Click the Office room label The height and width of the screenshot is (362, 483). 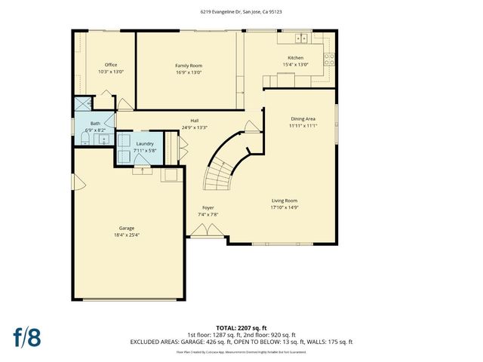pyautogui.click(x=111, y=65)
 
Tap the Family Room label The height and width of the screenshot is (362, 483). pyautogui.click(x=189, y=66)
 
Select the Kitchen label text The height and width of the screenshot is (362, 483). pyautogui.click(x=295, y=58)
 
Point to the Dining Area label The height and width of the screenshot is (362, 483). pyautogui.click(x=303, y=118)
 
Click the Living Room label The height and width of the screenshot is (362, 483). pyautogui.click(x=285, y=201)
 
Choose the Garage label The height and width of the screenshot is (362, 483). pyautogui.click(x=127, y=228)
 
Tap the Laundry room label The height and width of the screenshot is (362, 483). pyautogui.click(x=144, y=143)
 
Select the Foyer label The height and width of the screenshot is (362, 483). pyautogui.click(x=208, y=207)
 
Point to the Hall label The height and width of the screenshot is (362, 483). pyautogui.click(x=195, y=121)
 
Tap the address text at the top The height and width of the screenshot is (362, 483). pyautogui.click(x=241, y=12)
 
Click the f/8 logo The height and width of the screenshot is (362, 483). pyautogui.click(x=26, y=336)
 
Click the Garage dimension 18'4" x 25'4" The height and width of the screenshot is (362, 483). pyautogui.click(x=127, y=235)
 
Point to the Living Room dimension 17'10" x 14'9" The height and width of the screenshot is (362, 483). pyautogui.click(x=285, y=207)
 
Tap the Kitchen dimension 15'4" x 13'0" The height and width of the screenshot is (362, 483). pyautogui.click(x=295, y=65)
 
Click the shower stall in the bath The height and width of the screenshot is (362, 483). pyautogui.click(x=82, y=106)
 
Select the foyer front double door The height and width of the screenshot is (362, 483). pyautogui.click(x=202, y=235)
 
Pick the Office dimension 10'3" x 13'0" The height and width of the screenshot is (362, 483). pyautogui.click(x=111, y=72)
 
